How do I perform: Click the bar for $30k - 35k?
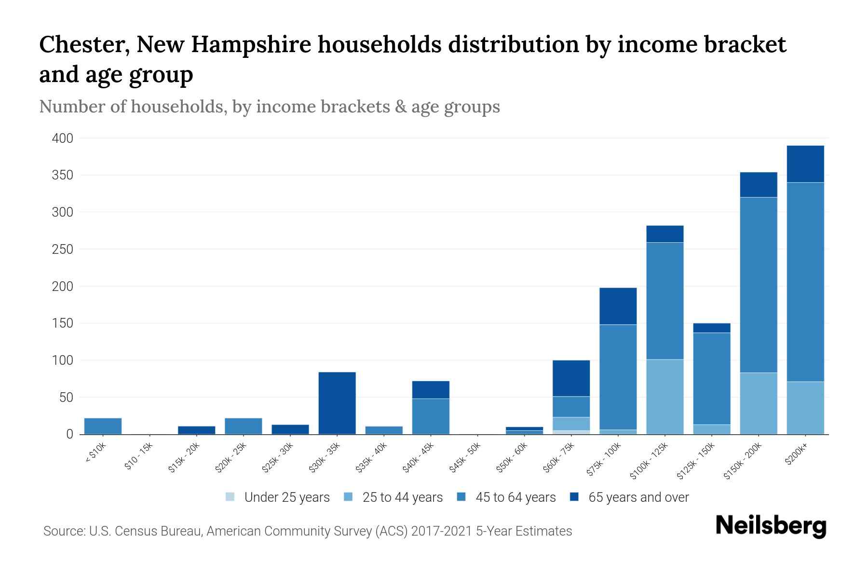pos(337,403)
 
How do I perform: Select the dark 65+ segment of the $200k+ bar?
pos(805,164)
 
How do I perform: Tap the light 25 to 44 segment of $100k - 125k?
pos(665,397)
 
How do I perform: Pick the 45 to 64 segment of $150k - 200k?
pos(758,285)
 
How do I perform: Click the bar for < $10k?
pos(103,426)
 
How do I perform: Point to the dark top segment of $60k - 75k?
pos(571,378)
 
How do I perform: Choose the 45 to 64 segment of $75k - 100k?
pos(618,377)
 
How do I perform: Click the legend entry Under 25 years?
pos(278,497)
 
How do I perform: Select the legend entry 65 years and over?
pos(630,497)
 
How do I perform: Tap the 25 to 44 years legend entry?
pos(394,497)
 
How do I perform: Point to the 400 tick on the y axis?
pos(63,138)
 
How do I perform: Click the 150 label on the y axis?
pos(63,323)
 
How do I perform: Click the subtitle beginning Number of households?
pos(270,107)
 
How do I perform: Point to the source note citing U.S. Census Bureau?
pos(308,531)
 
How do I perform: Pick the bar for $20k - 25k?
pos(243,426)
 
